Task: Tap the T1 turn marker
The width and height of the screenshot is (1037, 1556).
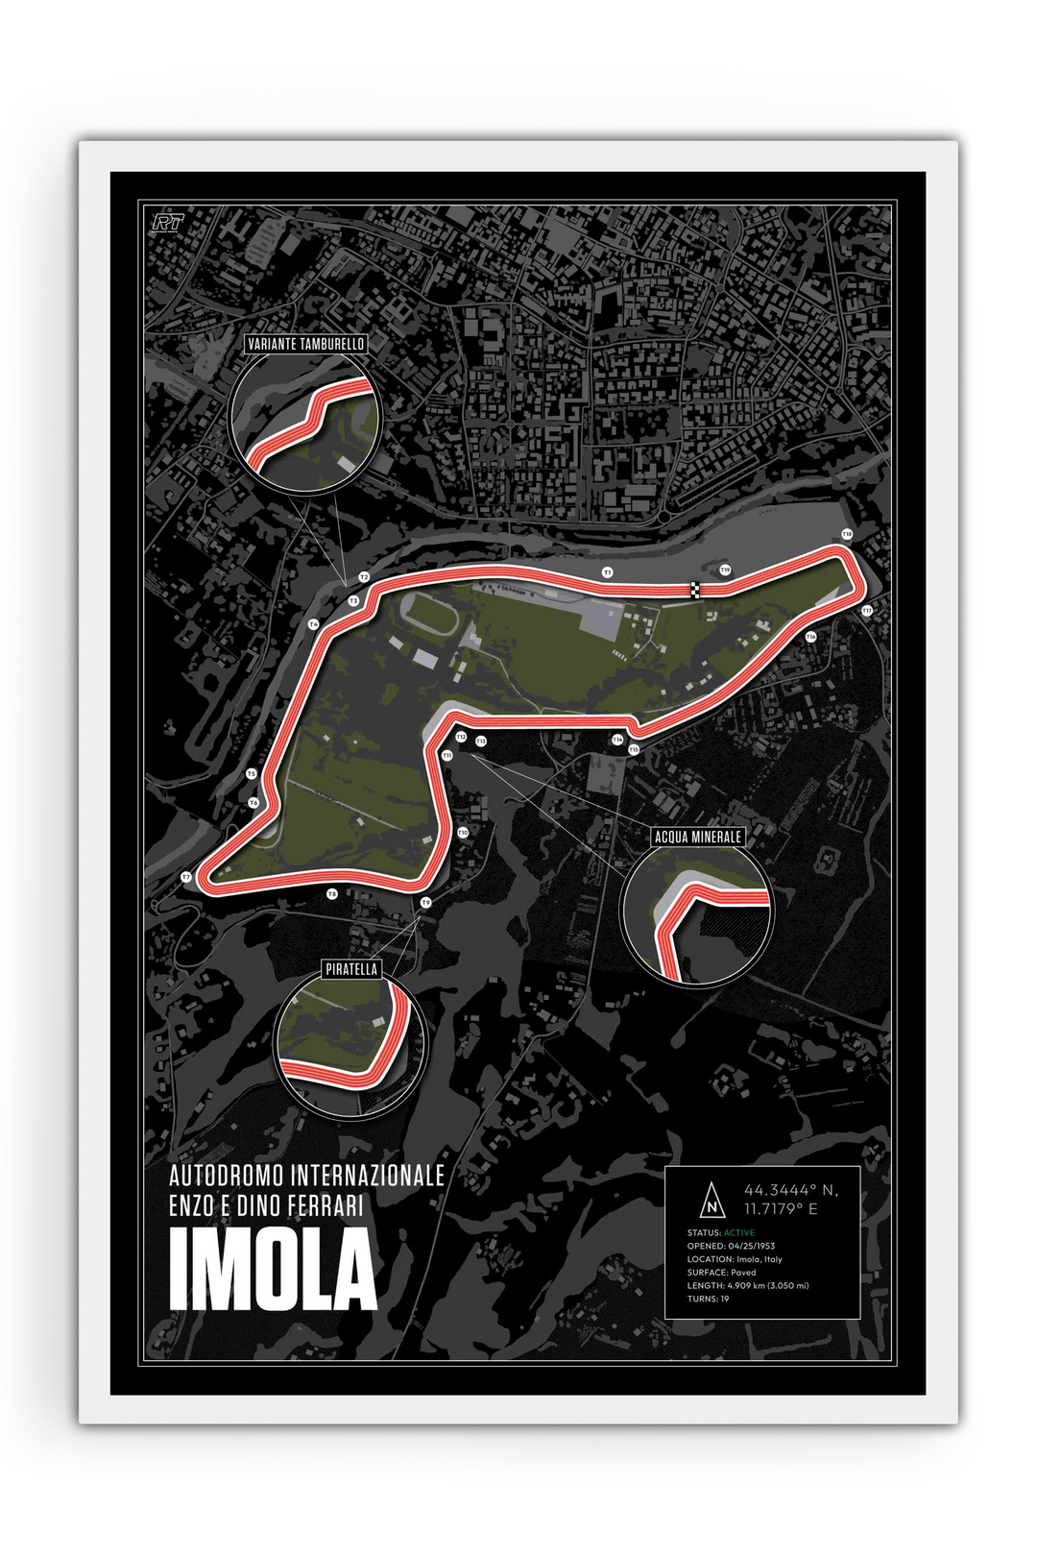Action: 607,572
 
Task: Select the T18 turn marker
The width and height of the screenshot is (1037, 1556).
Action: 846,534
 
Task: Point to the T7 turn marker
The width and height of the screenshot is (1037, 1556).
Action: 186,877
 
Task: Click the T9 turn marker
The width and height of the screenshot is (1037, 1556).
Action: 426,902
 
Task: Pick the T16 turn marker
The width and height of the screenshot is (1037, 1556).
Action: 810,636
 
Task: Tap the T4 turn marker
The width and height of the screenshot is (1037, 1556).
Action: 313,624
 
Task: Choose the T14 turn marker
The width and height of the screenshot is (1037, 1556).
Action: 617,739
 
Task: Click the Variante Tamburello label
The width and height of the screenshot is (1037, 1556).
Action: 306,344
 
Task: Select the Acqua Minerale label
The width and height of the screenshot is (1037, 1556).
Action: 697,837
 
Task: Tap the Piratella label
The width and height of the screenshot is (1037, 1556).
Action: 351,970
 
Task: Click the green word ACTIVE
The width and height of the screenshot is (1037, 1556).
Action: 739,1232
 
